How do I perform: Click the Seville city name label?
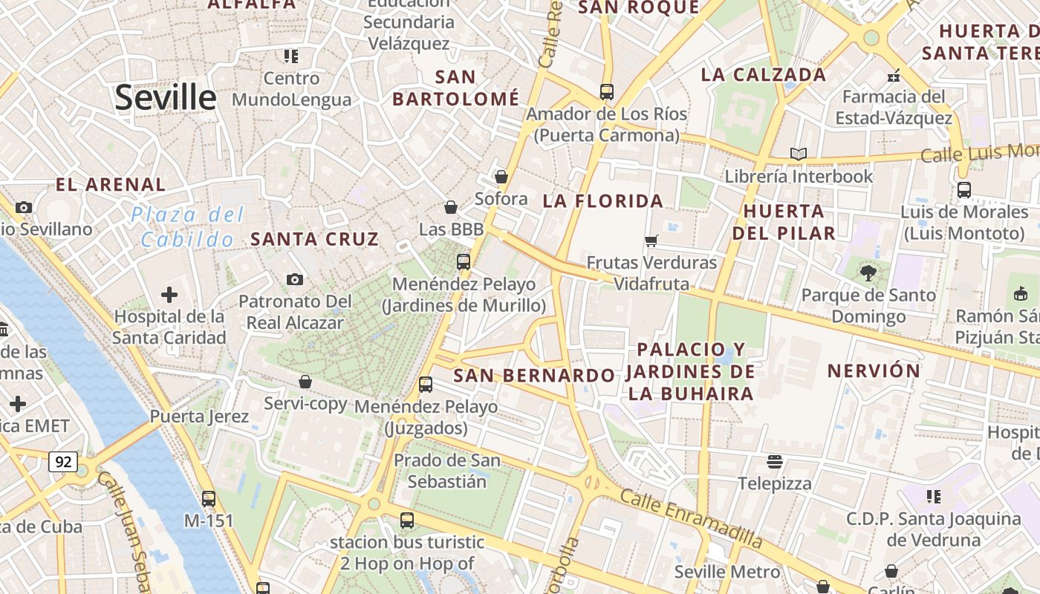165,97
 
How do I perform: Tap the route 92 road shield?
63,462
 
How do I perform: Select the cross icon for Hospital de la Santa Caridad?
169,295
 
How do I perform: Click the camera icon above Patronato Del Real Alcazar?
295,280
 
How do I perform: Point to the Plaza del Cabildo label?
187,227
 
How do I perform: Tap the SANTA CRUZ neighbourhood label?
315,239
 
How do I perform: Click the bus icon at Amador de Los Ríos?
607,92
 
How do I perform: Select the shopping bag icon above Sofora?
501,177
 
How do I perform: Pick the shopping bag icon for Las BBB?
451,207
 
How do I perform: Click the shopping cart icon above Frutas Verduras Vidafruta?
651,241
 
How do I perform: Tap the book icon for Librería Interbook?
799,154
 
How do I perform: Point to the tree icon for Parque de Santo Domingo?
868,273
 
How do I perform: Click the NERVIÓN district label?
874,371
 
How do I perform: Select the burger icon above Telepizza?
775,462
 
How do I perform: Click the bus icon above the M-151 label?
209,499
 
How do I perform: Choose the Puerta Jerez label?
199,417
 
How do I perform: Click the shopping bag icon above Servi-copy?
305,382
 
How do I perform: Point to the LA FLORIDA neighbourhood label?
602,201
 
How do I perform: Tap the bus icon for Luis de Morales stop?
964,190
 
